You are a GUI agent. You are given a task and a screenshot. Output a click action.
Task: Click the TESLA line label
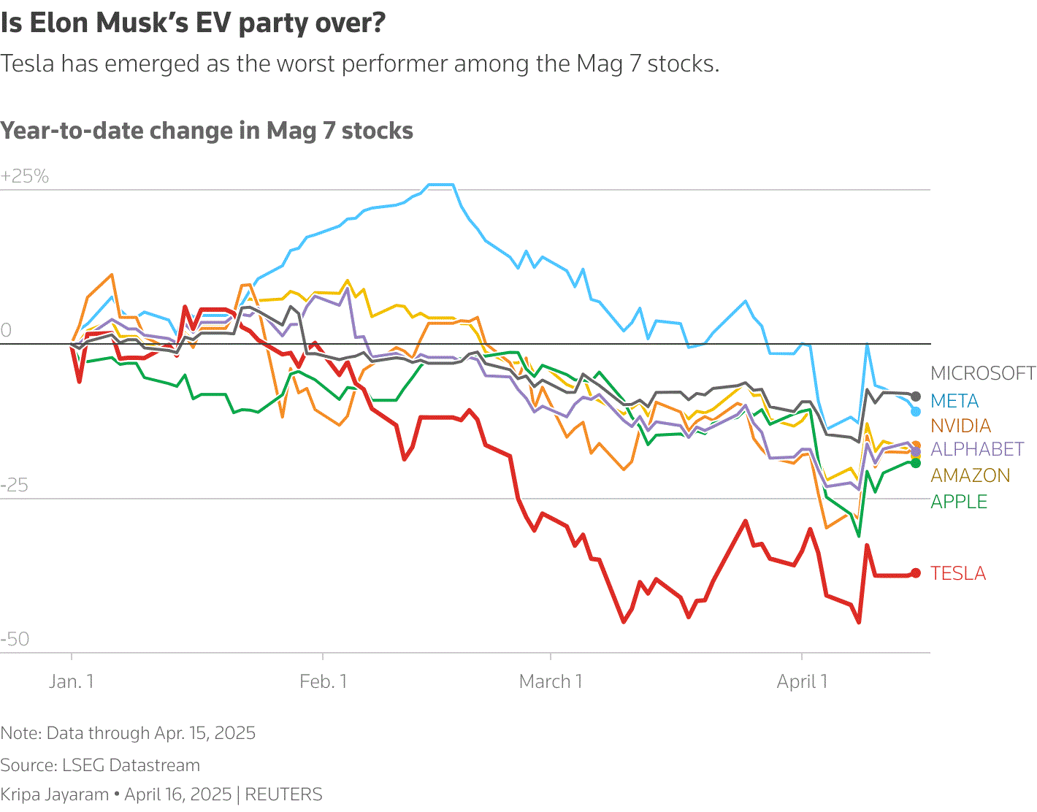coord(958,573)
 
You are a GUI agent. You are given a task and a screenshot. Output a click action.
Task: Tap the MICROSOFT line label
coord(983,373)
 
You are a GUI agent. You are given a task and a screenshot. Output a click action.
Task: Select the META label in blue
coord(954,401)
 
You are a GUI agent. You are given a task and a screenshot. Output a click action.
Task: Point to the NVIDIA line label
coord(960,426)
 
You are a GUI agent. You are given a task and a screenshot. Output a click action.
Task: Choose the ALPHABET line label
coord(977,449)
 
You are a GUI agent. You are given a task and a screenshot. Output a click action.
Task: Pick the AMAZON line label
coord(970,475)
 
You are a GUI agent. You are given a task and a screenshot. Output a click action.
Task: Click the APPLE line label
coord(959,502)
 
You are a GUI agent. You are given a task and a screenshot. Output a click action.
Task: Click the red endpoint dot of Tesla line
coord(916,573)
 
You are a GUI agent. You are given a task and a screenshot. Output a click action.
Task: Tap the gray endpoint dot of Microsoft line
coord(916,397)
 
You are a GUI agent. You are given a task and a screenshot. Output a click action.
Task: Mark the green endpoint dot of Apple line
coord(916,463)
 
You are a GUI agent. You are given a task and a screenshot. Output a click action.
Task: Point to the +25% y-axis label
coord(25,176)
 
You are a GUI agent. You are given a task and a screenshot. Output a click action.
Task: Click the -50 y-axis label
coord(15,639)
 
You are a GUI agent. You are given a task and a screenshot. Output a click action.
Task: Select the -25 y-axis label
coord(15,485)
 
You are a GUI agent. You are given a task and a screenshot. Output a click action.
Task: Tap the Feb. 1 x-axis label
coord(323,681)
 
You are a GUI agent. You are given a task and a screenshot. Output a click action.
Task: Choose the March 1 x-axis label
coord(551,681)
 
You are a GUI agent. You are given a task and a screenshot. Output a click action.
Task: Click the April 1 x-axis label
coord(802,681)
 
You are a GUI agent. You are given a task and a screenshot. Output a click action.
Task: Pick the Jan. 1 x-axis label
coord(72,681)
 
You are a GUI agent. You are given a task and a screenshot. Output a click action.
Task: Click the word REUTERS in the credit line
coord(283,794)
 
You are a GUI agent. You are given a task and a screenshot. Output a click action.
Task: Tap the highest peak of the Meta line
coord(441,185)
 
